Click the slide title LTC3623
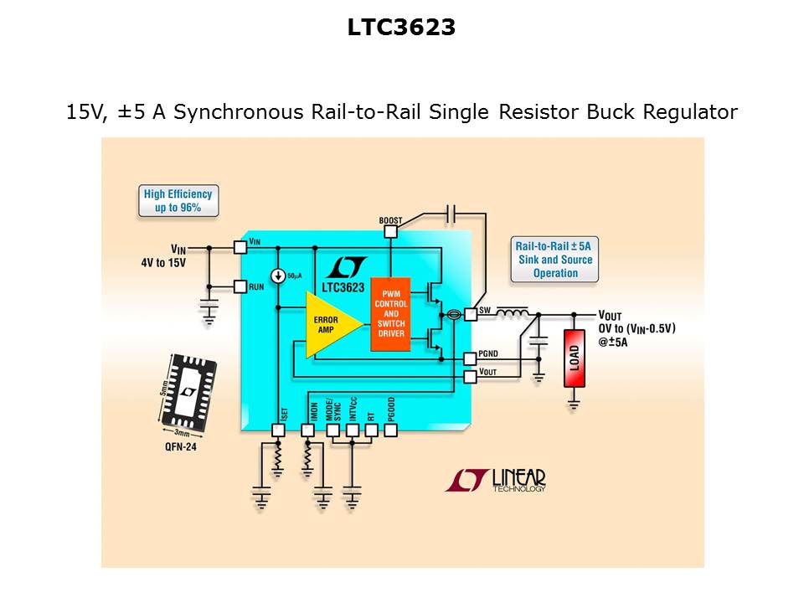click(402, 28)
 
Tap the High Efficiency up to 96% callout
click(178, 201)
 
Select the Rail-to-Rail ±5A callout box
click(554, 260)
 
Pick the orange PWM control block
click(390, 314)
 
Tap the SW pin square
click(470, 313)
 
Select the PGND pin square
click(470, 358)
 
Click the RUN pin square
click(240, 286)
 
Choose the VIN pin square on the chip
click(240, 247)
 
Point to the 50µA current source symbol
click(277, 277)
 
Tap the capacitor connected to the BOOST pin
click(451, 214)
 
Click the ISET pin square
click(279, 430)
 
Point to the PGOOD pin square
click(390, 430)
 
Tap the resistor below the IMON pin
click(307, 459)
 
